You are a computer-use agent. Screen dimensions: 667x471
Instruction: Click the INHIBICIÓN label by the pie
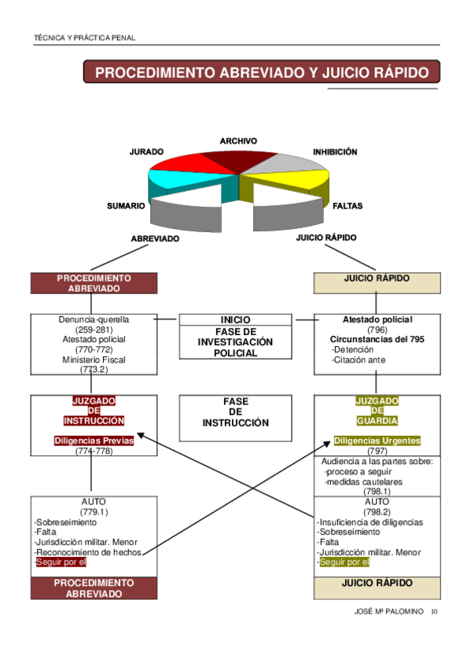[x=335, y=152]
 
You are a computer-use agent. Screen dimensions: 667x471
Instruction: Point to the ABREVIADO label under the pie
[x=155, y=238]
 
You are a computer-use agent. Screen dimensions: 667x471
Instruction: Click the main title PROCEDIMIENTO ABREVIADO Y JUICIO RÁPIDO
[x=262, y=72]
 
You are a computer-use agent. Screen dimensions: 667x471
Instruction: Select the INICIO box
[x=235, y=320]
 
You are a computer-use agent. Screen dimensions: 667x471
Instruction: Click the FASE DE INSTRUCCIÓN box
[x=235, y=413]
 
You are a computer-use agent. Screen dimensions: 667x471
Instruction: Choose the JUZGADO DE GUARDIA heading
[x=377, y=411]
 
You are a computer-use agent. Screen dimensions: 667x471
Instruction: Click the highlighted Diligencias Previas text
[x=94, y=440]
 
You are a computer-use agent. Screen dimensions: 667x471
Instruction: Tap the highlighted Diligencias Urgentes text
[x=377, y=440]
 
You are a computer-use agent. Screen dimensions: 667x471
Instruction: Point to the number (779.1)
[x=94, y=512]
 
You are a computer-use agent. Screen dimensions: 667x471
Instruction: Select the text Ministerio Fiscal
[x=94, y=359]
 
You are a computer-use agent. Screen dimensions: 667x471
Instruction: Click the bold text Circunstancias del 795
[x=377, y=339]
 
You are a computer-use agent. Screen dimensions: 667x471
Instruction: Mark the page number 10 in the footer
[x=435, y=612]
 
